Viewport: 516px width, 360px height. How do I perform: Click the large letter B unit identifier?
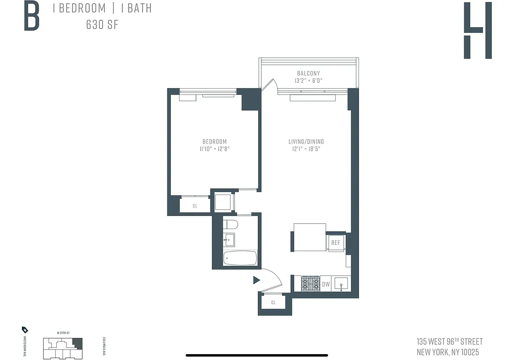coord(31,16)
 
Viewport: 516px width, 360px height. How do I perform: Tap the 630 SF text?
coord(102,24)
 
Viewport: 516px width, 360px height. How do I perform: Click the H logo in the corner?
coord(477,30)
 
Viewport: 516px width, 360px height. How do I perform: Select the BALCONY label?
coord(308,73)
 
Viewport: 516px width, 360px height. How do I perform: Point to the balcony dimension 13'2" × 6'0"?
coord(308,81)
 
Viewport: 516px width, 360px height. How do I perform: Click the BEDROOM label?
coord(215,141)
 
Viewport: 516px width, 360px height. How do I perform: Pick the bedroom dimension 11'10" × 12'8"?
coord(215,149)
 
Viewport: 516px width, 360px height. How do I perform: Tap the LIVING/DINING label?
coord(306,141)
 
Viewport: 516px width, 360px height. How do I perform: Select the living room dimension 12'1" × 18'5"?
coord(306,149)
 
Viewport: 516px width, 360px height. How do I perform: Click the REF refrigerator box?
coord(336,243)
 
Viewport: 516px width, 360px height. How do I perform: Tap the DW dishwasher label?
coord(326,284)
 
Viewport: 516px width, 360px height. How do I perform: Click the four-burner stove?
coord(310,283)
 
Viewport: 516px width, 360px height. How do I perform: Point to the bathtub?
coord(240,258)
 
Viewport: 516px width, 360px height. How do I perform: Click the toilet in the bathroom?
coord(231,225)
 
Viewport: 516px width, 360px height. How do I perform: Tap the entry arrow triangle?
coord(256,280)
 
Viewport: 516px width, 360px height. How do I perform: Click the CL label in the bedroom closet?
coord(195,206)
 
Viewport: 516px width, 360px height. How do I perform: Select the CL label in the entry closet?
coord(273,303)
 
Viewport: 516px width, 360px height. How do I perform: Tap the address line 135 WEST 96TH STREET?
coord(449,342)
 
